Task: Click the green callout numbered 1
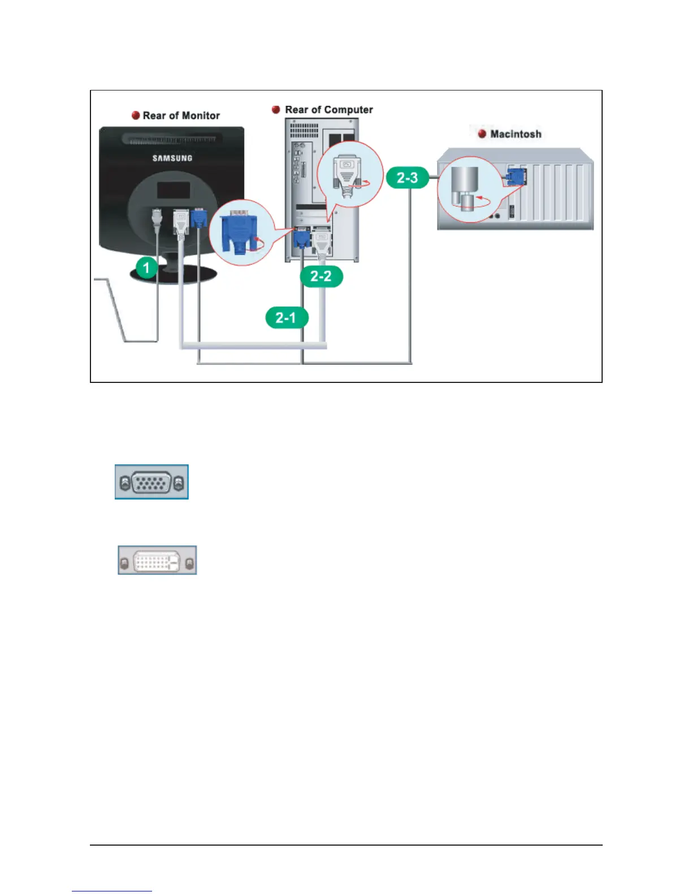(x=146, y=267)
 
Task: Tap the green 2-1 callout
(x=287, y=317)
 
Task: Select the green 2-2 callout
(x=321, y=276)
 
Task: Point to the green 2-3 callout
(x=407, y=178)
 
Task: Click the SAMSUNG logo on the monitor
(x=172, y=158)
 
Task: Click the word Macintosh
(x=516, y=134)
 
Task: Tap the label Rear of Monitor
(x=181, y=115)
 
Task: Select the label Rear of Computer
(x=328, y=110)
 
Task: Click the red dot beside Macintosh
(x=482, y=134)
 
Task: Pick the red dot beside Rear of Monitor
(x=136, y=115)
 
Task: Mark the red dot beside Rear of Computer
(x=276, y=110)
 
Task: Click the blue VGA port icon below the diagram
(x=152, y=482)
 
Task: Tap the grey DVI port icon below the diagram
(x=157, y=560)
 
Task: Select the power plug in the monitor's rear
(x=157, y=218)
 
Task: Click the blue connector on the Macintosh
(x=516, y=176)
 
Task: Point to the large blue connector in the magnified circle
(x=238, y=232)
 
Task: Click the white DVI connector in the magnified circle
(x=346, y=173)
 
